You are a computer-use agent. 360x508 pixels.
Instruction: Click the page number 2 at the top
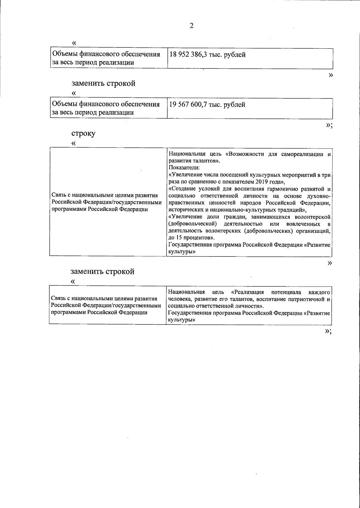pos(191,26)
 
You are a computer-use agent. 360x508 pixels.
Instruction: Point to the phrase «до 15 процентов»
pos(191,238)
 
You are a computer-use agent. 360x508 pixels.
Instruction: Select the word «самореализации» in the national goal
pos(303,154)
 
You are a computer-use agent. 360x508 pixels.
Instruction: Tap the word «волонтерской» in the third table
pos(313,217)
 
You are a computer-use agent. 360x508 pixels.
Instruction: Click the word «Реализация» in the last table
pos(249,292)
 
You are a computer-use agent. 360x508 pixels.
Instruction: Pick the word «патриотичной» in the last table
pos(306,299)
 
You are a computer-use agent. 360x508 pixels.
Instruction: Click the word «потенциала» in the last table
pos(286,292)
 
